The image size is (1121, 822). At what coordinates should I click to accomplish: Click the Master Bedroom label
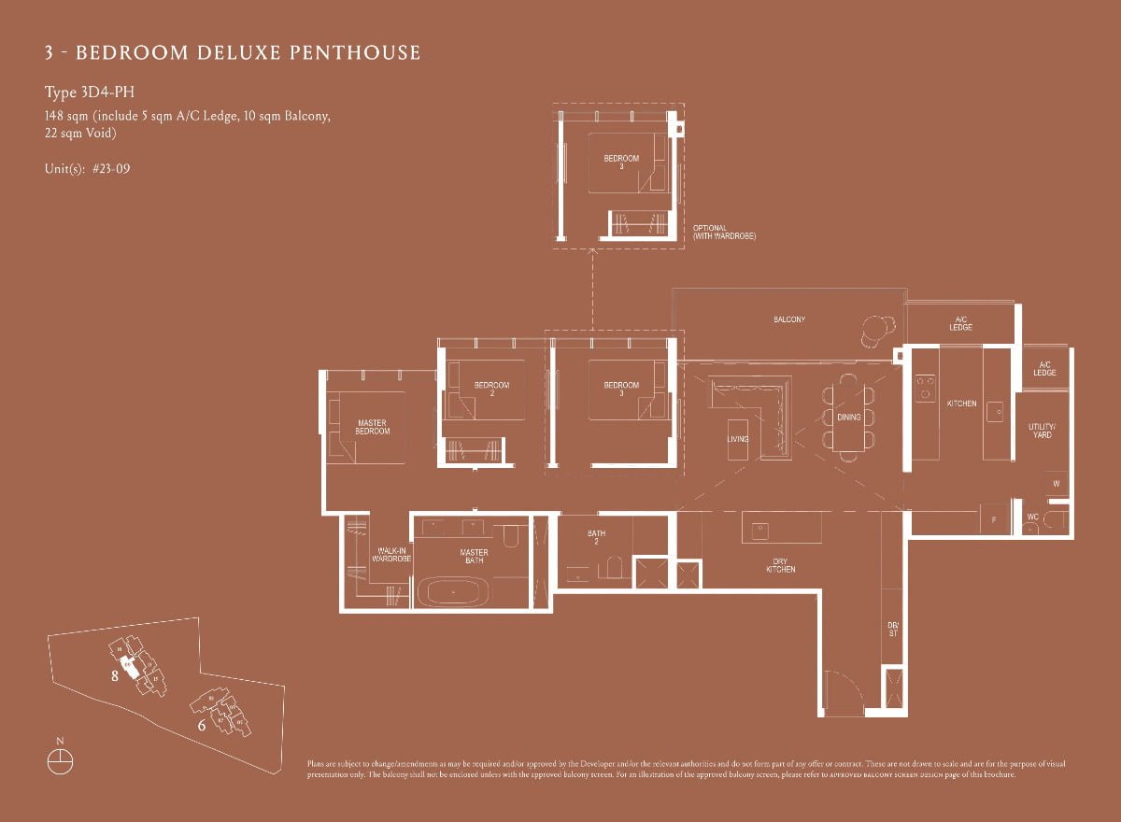[373, 427]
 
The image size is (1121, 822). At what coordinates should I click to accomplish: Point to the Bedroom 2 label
[491, 389]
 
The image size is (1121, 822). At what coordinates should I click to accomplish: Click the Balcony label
[788, 319]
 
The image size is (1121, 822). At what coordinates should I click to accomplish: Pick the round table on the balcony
[877, 327]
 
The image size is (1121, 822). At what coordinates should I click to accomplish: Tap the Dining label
[848, 418]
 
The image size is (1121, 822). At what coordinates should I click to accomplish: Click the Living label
[738, 438]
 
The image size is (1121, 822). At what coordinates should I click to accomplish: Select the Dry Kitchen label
[781, 565]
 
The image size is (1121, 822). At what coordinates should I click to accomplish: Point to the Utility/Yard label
[1042, 431]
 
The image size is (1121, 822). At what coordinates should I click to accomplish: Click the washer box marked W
[1056, 484]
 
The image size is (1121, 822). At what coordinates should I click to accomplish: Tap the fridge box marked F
[993, 519]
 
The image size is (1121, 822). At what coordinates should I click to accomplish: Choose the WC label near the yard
[1032, 517]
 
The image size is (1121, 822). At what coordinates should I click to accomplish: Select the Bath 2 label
[596, 537]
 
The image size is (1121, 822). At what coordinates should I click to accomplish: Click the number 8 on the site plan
[115, 677]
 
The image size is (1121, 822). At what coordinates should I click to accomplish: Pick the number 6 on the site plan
[201, 723]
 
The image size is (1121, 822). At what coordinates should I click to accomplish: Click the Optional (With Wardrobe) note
[724, 233]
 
